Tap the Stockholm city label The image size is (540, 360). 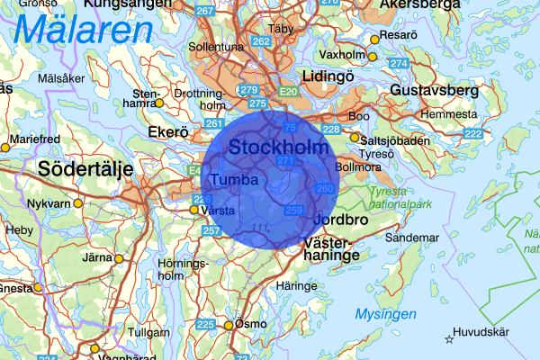(x=278, y=146)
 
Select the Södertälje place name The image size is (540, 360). (x=85, y=168)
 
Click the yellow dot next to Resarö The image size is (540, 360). (x=374, y=40)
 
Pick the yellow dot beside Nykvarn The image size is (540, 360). (x=77, y=203)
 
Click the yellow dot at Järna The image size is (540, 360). (x=118, y=258)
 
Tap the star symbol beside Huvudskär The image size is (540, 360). (x=449, y=338)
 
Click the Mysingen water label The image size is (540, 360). (x=385, y=314)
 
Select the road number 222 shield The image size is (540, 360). (x=472, y=133)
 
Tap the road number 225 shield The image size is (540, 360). (x=206, y=324)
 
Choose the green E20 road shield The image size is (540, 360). (x=288, y=92)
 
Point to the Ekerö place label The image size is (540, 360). (x=166, y=132)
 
